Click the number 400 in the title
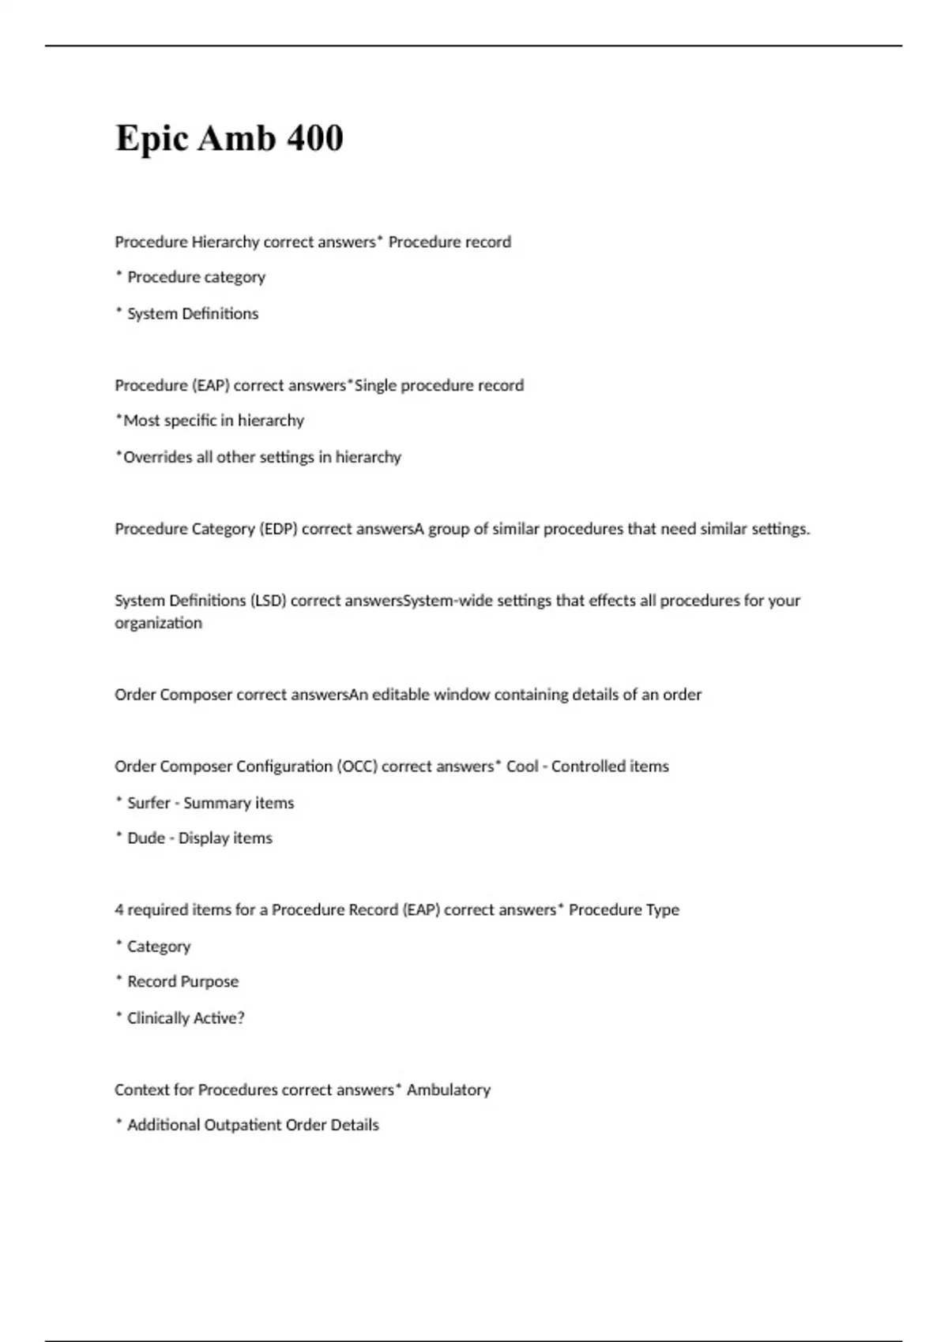(314, 138)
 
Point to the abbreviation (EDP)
(278, 529)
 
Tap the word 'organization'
(158, 623)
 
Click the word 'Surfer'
(149, 803)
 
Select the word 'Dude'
(146, 838)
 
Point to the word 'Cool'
(522, 767)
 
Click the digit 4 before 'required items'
(118, 910)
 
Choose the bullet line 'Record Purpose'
(182, 982)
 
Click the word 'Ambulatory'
(448, 1090)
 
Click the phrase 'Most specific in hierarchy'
(213, 421)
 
